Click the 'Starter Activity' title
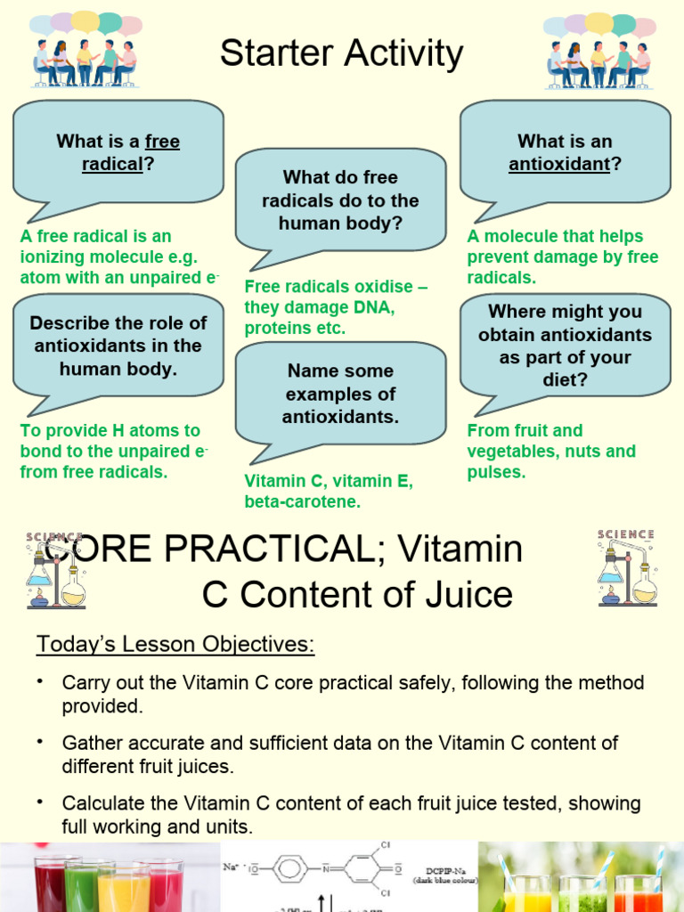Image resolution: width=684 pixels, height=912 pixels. point(341,54)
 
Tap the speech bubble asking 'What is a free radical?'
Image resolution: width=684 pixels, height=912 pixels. point(118,151)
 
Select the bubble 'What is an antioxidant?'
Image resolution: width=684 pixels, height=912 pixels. point(565,151)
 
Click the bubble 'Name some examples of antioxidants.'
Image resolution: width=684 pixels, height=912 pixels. point(341,393)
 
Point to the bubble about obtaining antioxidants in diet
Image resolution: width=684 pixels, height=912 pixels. point(565,346)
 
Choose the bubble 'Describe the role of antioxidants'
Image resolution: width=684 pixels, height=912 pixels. point(118,346)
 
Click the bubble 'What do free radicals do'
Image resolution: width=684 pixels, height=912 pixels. point(341,199)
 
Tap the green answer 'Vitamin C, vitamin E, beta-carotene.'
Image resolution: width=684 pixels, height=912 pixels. point(329,492)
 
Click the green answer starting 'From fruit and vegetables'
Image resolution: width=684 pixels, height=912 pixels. point(551,451)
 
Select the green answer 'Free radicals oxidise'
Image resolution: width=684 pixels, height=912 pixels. point(336,307)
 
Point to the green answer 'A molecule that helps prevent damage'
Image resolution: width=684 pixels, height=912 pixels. point(562,256)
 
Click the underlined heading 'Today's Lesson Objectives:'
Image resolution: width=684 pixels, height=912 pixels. point(175,644)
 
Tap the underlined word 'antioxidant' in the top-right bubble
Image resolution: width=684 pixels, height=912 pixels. point(558,164)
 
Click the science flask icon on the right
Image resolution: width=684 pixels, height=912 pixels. point(627,567)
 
